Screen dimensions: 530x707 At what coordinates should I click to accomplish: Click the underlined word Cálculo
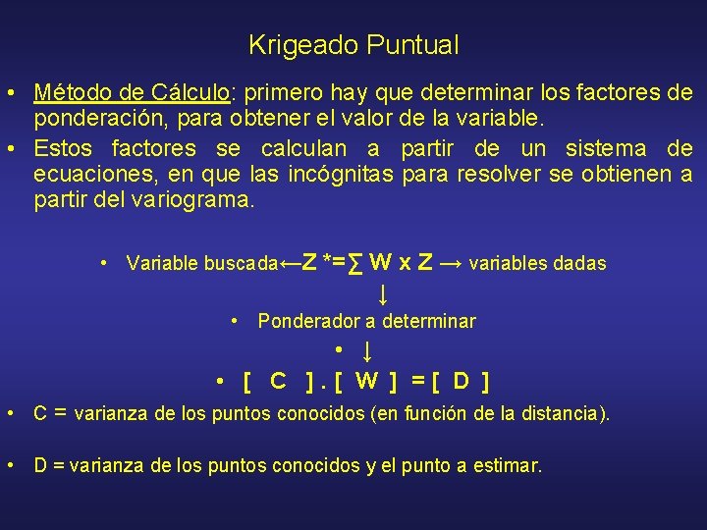(x=190, y=92)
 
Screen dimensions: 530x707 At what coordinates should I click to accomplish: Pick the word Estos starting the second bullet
(x=64, y=148)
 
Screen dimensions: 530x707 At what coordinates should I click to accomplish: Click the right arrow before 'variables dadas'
(x=453, y=263)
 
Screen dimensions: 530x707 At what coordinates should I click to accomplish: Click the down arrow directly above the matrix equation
(x=366, y=350)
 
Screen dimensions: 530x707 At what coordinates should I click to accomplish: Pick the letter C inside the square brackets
(x=278, y=381)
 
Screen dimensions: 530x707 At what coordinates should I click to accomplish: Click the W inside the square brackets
(x=366, y=381)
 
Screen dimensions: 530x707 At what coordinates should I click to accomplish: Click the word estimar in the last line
(x=508, y=465)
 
